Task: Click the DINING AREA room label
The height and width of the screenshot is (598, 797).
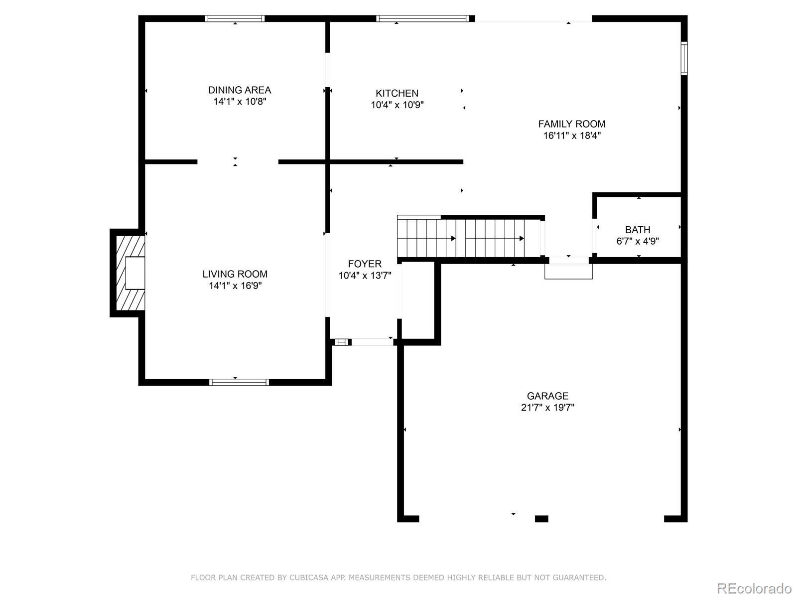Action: [x=239, y=90]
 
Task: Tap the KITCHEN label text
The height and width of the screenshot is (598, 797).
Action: [x=397, y=93]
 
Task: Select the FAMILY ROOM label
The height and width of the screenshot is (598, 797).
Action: [x=571, y=124]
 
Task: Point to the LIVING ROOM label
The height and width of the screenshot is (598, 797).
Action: [x=235, y=274]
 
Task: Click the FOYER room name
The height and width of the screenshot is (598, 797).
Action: [x=365, y=264]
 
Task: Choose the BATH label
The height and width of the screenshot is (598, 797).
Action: [x=638, y=230]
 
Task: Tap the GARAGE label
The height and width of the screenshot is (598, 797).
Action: [x=547, y=396]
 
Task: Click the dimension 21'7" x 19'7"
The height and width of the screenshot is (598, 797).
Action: [x=547, y=407]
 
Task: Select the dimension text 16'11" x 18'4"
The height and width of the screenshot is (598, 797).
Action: [x=572, y=136]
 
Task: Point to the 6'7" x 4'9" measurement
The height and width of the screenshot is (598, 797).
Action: [x=638, y=242]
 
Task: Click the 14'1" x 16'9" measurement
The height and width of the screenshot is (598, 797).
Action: [x=235, y=286]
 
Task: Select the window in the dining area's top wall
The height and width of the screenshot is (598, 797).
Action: [x=235, y=18]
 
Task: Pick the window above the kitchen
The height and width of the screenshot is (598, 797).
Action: [x=422, y=18]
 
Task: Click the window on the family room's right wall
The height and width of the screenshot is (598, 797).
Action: [x=684, y=58]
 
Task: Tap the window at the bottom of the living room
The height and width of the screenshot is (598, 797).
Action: [x=239, y=382]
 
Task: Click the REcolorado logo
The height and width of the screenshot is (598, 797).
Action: [x=755, y=588]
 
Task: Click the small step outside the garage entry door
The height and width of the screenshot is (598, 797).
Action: [x=569, y=272]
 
